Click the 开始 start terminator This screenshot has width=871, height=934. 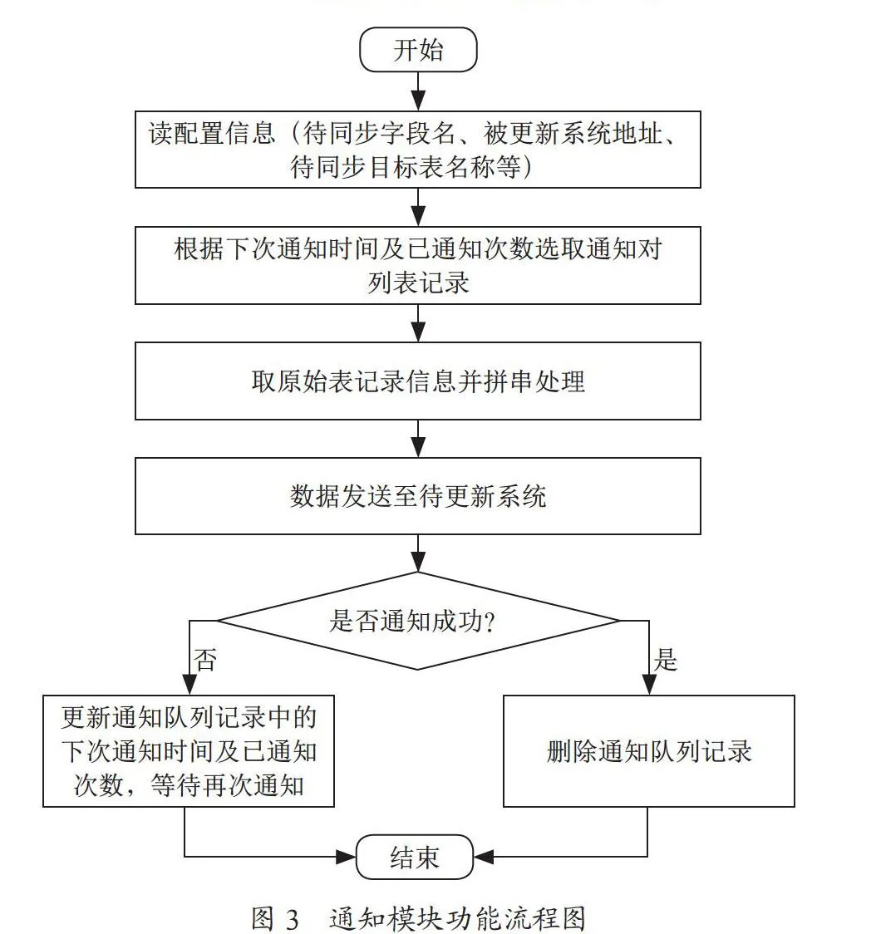(418, 49)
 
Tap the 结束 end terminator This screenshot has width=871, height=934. (415, 858)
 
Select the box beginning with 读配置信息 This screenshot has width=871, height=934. (417, 150)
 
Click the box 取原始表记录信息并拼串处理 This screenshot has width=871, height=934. (417, 381)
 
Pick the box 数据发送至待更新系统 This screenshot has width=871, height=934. (417, 495)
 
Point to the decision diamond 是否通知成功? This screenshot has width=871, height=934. (417, 621)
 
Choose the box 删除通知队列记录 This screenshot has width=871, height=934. (649, 751)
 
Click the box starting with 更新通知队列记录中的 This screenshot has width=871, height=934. (189, 751)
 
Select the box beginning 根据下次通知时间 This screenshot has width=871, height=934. (417, 265)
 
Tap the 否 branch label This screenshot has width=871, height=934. (205, 660)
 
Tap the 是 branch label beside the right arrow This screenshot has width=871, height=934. (666, 660)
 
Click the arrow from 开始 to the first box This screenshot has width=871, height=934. (419, 91)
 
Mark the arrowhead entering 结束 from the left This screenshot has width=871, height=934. (346, 858)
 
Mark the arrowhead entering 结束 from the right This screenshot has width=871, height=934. (484, 858)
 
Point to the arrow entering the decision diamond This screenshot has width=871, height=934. (419, 553)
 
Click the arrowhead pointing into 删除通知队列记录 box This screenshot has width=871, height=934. (649, 685)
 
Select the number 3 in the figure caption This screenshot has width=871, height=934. (292, 919)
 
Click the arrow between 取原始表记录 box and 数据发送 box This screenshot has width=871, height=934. (419, 439)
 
